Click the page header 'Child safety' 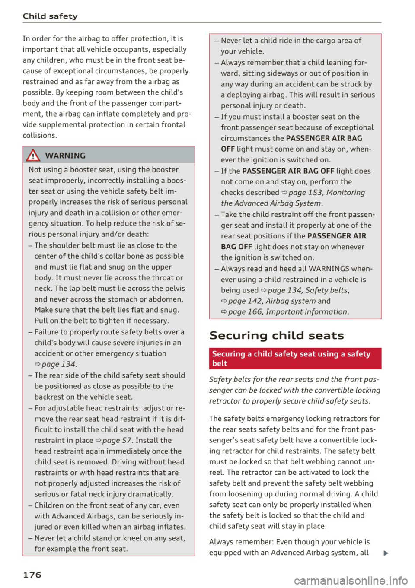50,16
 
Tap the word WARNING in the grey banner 65,156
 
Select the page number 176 32,575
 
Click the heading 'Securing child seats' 277,336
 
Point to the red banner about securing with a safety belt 295,359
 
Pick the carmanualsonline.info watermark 351,580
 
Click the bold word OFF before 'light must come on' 228,149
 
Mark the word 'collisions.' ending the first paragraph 40,135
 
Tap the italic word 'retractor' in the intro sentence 224,401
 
